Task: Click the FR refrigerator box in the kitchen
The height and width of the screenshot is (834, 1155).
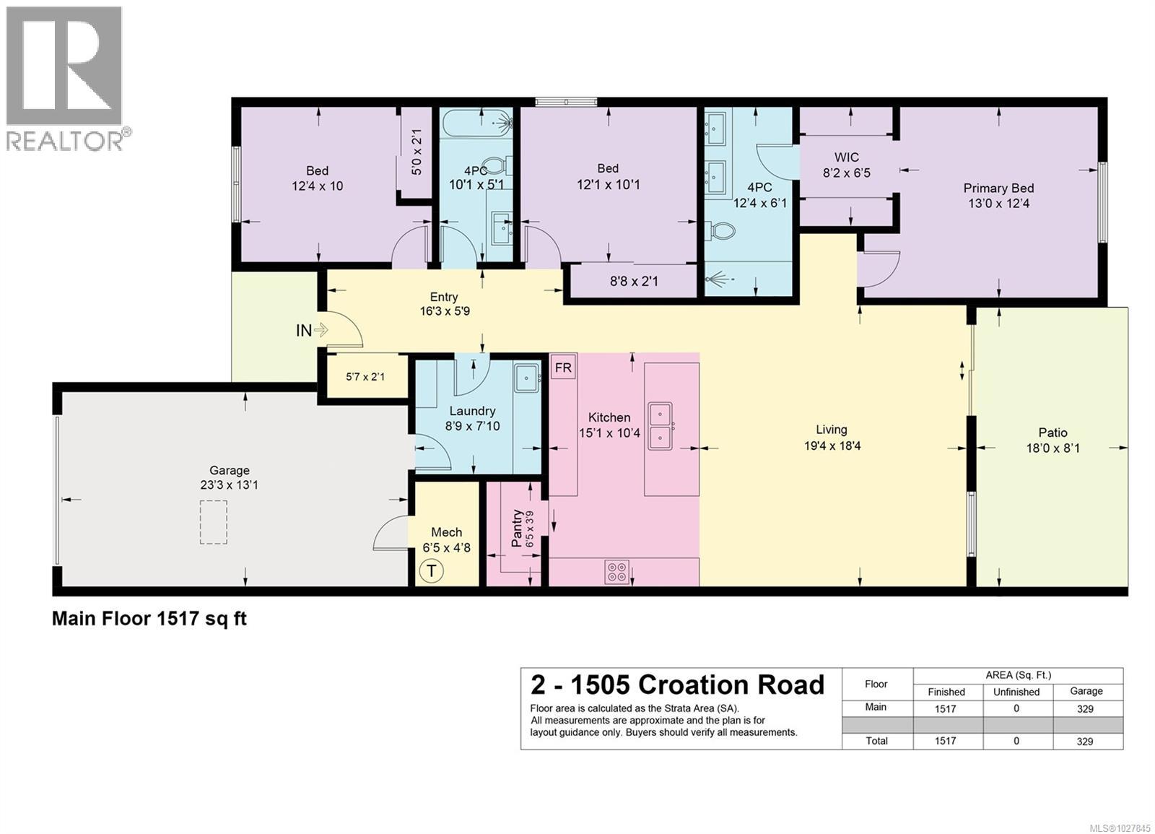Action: tap(563, 368)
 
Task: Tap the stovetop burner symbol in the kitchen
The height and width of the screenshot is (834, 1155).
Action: tap(617, 573)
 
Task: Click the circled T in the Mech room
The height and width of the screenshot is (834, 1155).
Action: tap(432, 571)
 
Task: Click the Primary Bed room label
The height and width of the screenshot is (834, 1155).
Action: tap(998, 196)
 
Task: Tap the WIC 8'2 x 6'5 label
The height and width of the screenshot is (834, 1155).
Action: tap(847, 165)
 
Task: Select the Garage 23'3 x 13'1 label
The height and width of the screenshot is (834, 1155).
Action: tap(229, 477)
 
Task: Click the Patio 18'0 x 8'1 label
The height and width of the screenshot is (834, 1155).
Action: tap(1052, 440)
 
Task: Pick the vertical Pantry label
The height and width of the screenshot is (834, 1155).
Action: tap(518, 529)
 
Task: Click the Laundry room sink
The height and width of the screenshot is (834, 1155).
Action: tap(527, 378)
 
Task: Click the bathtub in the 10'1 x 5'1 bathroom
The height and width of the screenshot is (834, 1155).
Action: tap(476, 123)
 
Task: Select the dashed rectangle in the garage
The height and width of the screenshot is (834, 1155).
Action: tap(214, 522)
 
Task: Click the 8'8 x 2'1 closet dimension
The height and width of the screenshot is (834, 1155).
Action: tap(634, 281)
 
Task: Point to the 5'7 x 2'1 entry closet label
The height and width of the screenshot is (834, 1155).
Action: tap(365, 377)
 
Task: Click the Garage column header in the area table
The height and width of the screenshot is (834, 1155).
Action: tap(1086, 691)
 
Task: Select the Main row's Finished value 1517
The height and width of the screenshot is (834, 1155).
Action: tap(946, 708)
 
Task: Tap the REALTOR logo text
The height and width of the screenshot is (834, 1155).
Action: tap(65, 141)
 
